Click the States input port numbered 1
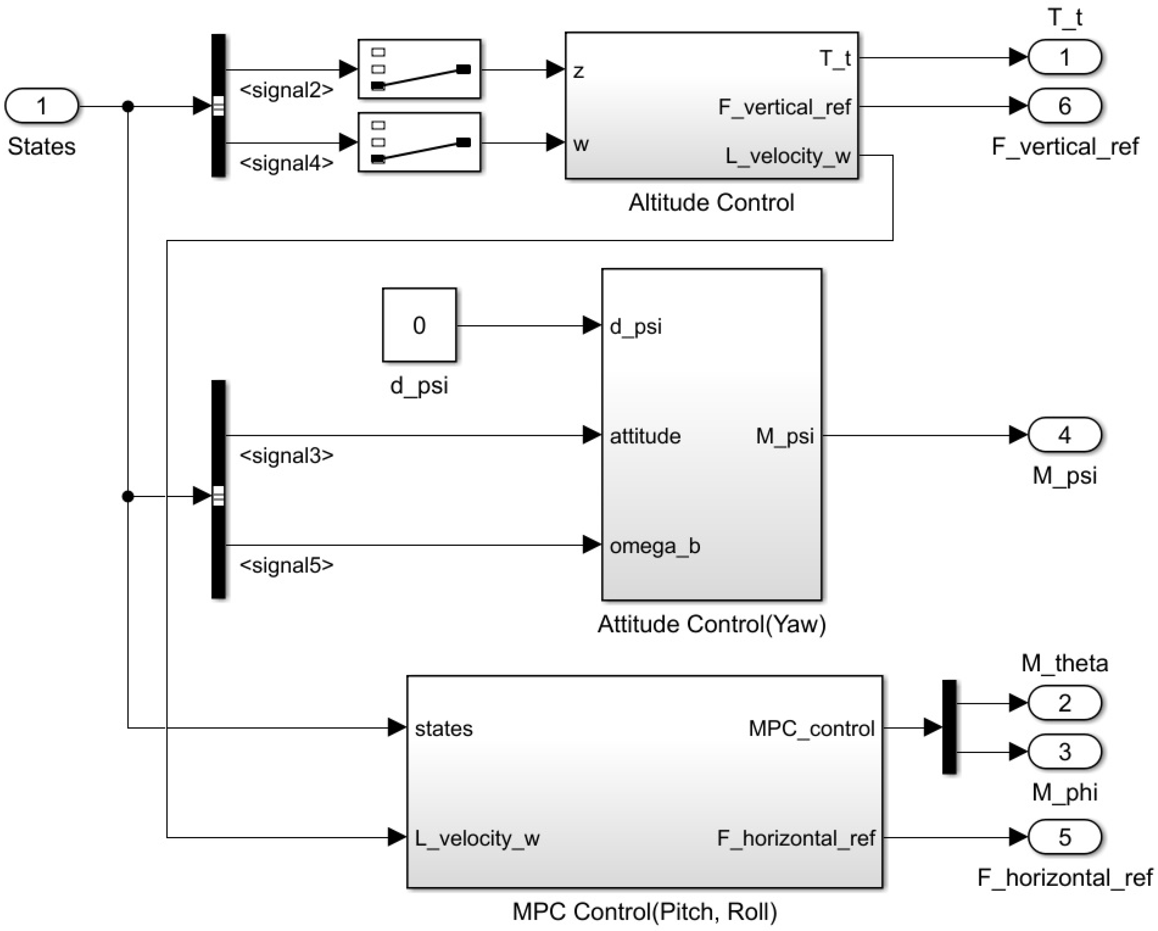click(41, 106)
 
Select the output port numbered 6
click(1065, 106)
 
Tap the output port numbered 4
click(1065, 435)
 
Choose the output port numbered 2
click(1065, 703)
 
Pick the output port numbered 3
click(1065, 751)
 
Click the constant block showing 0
click(419, 325)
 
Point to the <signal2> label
click(286, 90)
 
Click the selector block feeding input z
click(419, 69)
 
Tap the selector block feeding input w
click(419, 142)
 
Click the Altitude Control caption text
click(711, 203)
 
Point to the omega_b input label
click(655, 546)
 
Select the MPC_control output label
click(811, 728)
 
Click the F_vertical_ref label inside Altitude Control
click(784, 107)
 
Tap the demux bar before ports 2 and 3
click(949, 727)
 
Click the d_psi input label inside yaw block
click(635, 326)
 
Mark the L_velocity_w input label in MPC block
click(477, 838)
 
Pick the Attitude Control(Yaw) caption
click(711, 624)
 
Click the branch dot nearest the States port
click(128, 106)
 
